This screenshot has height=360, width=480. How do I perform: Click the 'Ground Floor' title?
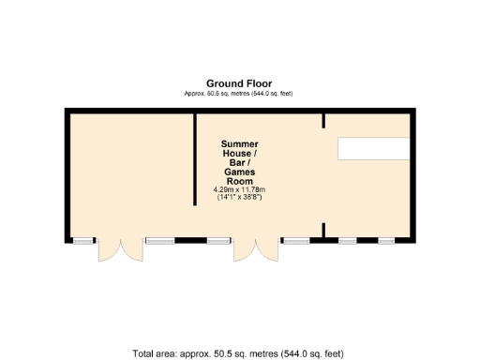(x=239, y=82)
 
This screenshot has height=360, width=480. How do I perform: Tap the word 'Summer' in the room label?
(x=239, y=143)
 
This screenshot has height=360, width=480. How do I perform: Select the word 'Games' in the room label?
(x=239, y=172)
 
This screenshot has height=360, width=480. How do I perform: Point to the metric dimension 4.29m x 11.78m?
(x=239, y=190)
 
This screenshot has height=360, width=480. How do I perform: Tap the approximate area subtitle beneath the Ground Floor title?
(x=239, y=93)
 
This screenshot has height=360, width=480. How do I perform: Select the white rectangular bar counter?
(x=374, y=148)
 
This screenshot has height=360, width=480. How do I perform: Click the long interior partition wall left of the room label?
(x=194, y=173)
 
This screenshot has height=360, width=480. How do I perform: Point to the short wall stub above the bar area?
(x=323, y=119)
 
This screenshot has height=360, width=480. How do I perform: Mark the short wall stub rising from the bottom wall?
(x=323, y=231)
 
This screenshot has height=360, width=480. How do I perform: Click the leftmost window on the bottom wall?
(x=84, y=241)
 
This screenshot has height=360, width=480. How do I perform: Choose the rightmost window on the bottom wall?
(x=385, y=241)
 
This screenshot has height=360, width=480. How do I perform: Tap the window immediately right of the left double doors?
(x=159, y=241)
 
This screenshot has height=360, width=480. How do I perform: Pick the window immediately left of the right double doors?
(x=219, y=241)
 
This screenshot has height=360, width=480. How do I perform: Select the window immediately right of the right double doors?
(x=297, y=241)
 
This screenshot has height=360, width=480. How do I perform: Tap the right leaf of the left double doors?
(x=132, y=249)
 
